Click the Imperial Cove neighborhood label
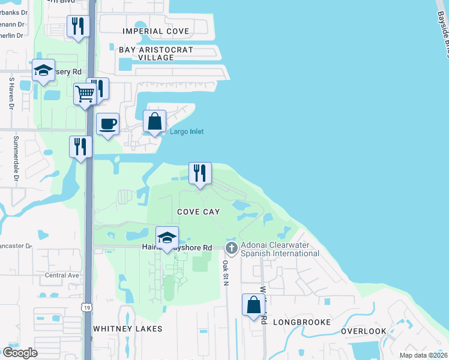155,31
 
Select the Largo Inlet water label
187,132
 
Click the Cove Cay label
198,212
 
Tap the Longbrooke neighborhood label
302,322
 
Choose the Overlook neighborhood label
364,331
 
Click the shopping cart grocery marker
85,94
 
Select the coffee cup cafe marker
107,124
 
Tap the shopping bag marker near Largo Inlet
155,121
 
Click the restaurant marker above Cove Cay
200,173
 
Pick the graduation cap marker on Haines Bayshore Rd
167,238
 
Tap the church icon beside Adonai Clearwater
232,248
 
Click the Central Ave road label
62,275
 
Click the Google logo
20,353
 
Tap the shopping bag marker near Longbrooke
254,305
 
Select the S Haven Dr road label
11,93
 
